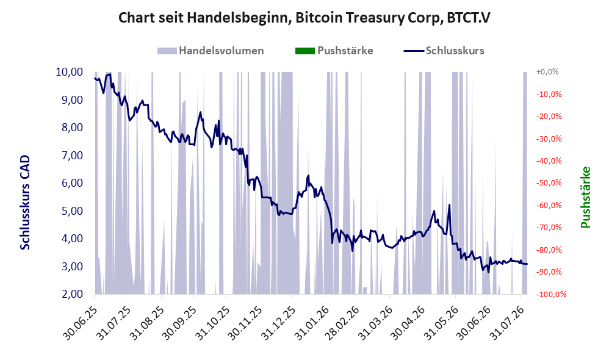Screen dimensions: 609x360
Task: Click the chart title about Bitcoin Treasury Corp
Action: (304, 18)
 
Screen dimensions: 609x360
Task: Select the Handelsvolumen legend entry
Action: (211, 51)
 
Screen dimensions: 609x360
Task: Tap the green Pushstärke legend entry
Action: (334, 51)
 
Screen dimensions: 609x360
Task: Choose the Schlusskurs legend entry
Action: (444, 51)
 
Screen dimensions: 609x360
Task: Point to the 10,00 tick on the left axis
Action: (70, 72)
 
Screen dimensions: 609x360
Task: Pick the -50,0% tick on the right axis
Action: (549, 183)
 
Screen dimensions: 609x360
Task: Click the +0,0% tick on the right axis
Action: (547, 72)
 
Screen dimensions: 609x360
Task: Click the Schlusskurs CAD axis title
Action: (25, 203)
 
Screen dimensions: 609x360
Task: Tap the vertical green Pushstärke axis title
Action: (585, 197)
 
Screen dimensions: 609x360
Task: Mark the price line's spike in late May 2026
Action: (449, 204)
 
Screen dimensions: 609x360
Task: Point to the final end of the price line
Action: (527, 264)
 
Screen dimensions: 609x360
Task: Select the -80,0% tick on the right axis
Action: (549, 250)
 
